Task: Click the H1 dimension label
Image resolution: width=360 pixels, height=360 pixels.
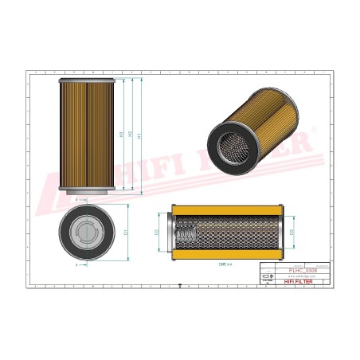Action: (140, 136)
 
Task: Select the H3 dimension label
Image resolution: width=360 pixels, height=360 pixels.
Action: (120, 135)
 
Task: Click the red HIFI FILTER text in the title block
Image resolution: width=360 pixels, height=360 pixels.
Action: (306, 281)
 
